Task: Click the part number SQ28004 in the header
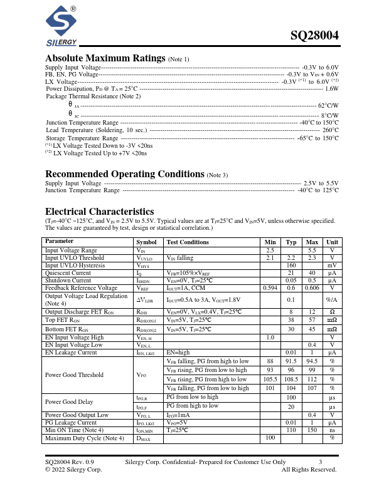tap(315, 36)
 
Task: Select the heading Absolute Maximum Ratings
tap(105, 58)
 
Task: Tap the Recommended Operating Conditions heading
tap(125, 173)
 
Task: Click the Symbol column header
tap(147, 242)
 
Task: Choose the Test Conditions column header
tap(188, 242)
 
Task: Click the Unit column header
tap(332, 242)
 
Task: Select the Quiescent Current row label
tap(68, 272)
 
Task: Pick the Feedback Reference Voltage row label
tap(81, 287)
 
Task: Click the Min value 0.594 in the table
tap(270, 287)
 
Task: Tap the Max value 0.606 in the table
tap(311, 287)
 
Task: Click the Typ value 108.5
tap(291, 379)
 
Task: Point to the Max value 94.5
tap(311, 361)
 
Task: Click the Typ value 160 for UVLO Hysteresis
tap(291, 265)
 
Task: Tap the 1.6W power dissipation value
tap(331, 89)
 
